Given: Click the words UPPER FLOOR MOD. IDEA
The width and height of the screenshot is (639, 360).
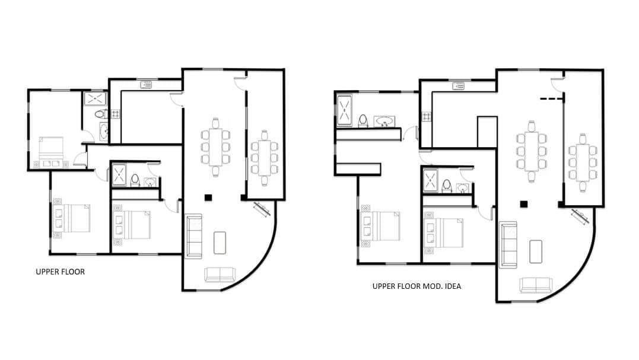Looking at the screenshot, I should pyautogui.click(x=417, y=286).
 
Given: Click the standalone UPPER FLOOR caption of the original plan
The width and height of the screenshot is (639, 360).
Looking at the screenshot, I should pyautogui.click(x=61, y=272).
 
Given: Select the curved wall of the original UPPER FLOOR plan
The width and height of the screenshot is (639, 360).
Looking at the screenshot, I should pyautogui.click(x=265, y=255).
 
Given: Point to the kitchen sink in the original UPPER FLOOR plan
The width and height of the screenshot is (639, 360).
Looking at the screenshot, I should pyautogui.click(x=146, y=85).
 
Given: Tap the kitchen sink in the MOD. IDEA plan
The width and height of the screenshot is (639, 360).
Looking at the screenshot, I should pyautogui.click(x=459, y=86).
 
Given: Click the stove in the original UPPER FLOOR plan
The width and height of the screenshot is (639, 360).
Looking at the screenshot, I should pyautogui.click(x=116, y=113).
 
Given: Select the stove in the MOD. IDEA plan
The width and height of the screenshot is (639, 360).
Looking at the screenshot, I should pyautogui.click(x=426, y=116).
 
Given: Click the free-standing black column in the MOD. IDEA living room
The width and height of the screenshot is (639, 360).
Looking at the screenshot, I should pyautogui.click(x=523, y=204).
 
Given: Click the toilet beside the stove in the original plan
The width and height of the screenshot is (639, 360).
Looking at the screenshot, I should pyautogui.click(x=102, y=114).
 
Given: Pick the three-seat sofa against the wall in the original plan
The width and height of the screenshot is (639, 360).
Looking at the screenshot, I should pyautogui.click(x=193, y=237).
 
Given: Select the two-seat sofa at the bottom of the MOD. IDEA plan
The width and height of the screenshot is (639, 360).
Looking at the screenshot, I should pyautogui.click(x=535, y=285).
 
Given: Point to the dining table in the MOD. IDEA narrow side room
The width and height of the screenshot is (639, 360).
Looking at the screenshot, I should pyautogui.click(x=583, y=161).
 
